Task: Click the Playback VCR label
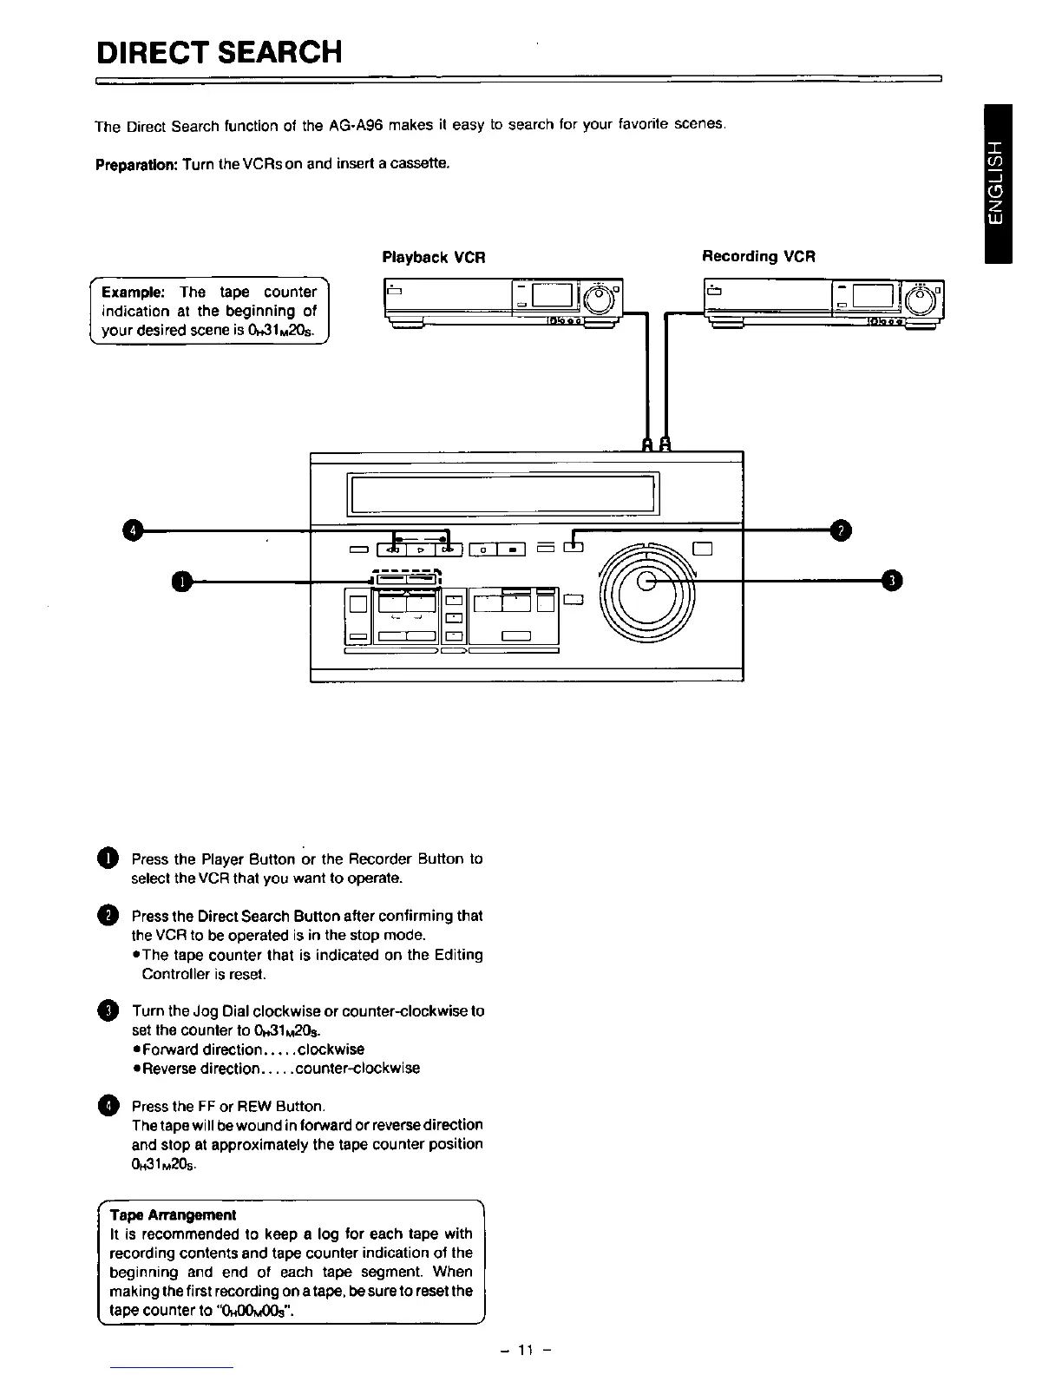pyautogui.click(x=433, y=257)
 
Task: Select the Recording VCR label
pyautogui.click(x=758, y=256)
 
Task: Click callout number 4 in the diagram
pyautogui.click(x=131, y=529)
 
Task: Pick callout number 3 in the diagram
pyautogui.click(x=891, y=581)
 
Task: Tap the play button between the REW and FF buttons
pyautogui.click(x=420, y=549)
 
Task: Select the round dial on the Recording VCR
pyautogui.click(x=921, y=299)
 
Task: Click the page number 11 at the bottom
pyautogui.click(x=525, y=1350)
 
